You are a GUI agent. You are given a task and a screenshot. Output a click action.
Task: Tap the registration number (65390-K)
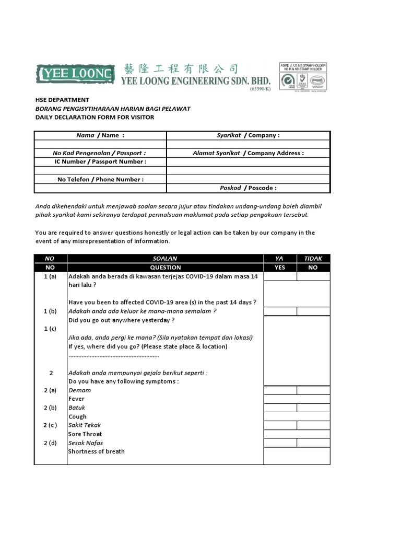[260, 89]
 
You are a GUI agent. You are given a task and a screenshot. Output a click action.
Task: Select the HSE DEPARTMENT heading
[62, 100]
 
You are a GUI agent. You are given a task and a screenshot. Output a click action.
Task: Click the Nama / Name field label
[100, 135]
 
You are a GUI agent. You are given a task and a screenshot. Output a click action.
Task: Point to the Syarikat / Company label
[248, 135]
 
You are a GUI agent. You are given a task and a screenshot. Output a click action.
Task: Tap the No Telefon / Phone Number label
[100, 179]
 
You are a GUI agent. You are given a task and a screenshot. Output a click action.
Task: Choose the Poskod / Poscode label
[248, 188]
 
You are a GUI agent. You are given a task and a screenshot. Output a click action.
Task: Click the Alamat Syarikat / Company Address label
[248, 153]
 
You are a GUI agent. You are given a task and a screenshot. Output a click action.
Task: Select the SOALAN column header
[165, 259]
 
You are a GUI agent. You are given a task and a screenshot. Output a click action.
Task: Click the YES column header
[280, 267]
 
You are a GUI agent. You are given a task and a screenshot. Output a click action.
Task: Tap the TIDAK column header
[313, 259]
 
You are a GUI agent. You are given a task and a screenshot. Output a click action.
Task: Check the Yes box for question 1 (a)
[280, 276]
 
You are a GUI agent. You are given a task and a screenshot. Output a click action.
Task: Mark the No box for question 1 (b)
[313, 311]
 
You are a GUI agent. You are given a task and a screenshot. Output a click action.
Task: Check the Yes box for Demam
[280, 390]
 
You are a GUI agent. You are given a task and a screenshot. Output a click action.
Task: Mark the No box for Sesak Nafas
[313, 443]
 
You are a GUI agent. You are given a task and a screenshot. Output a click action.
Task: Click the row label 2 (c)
[51, 425]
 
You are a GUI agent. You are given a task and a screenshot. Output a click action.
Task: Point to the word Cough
[78, 416]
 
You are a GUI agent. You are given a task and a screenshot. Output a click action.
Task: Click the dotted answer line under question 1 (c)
[113, 356]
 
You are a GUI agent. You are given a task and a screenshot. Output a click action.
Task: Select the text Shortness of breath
[97, 451]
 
